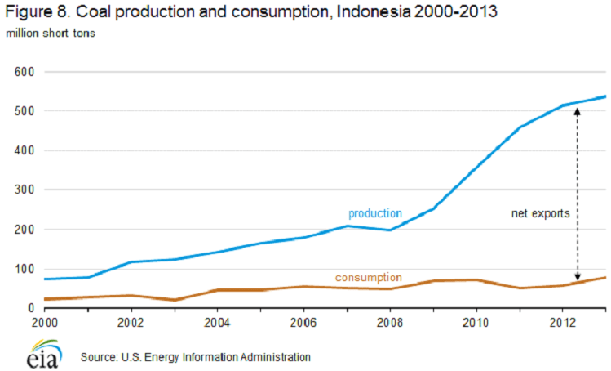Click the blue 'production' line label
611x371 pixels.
click(375, 213)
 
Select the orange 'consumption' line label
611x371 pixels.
click(369, 278)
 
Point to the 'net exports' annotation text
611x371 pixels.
click(540, 213)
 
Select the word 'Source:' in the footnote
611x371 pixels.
click(100, 357)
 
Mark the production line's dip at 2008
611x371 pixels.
click(390, 230)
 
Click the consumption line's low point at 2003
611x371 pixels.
click(175, 300)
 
